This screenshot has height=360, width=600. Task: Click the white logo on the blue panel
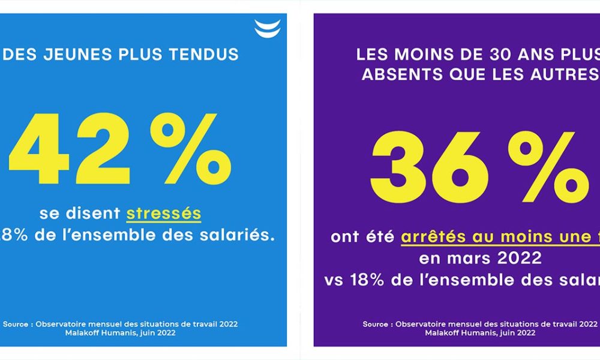point(267,28)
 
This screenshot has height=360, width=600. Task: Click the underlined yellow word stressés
point(163,214)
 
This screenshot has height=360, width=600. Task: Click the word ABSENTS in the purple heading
point(398,76)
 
